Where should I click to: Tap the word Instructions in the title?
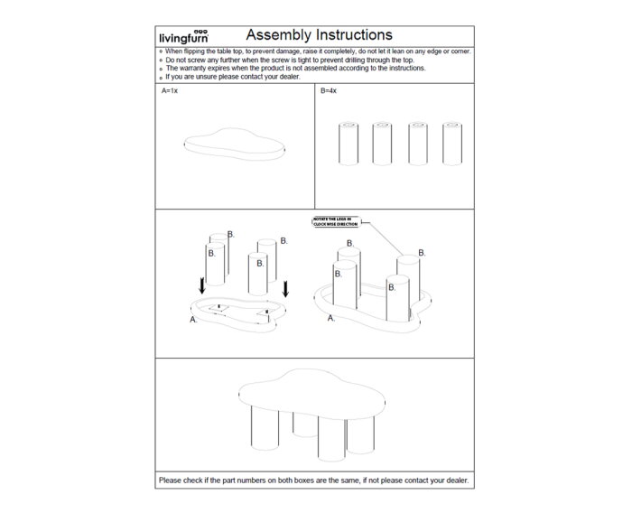[351, 36]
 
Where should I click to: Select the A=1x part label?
[169, 92]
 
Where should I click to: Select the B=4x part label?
[329, 92]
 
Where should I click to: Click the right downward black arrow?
[285, 289]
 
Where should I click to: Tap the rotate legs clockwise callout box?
[336, 221]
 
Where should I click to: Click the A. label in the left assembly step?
[193, 319]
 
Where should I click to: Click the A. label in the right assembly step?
[330, 319]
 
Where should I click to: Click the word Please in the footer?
[170, 480]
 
